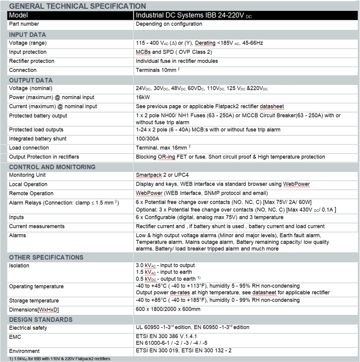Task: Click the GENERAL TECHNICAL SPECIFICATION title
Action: pos(78,6)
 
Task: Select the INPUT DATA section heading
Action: pos(27,35)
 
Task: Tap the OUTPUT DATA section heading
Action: pos(31,80)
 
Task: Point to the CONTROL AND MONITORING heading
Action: pos(52,167)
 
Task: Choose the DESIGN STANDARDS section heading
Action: pos(41,320)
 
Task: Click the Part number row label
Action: pos(24,24)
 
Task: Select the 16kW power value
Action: pos(143,98)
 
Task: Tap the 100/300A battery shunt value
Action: pos(148,139)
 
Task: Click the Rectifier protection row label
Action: pos(32,61)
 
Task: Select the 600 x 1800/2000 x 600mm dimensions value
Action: pos(168,310)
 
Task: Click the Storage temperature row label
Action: pos(34,300)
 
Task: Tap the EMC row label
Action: pos(15,337)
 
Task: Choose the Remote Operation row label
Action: pos(31,193)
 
